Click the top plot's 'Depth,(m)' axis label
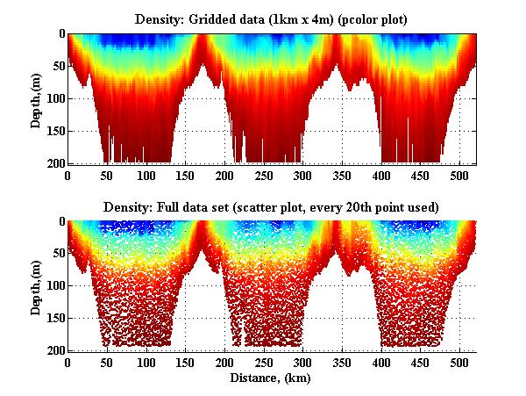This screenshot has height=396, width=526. [36, 99]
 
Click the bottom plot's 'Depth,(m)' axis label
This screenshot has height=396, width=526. [36, 286]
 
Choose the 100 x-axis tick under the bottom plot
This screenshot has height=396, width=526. [146, 363]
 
